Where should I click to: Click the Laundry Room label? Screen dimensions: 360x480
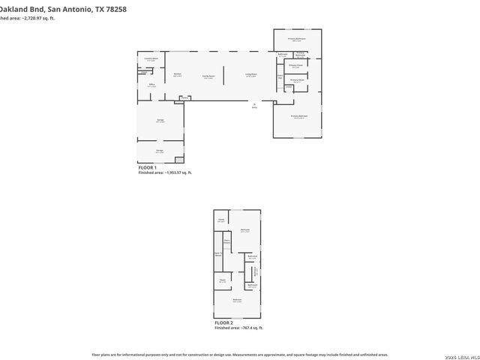151,59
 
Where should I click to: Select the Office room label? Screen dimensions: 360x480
151,85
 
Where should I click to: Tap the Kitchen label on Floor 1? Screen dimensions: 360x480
178,74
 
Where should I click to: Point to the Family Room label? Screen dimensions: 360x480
209,76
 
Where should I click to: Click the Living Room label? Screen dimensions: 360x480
250,75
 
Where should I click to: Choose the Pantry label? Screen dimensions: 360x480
184,97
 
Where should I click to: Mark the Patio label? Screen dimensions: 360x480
254,105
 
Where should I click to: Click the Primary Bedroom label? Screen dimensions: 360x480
298,117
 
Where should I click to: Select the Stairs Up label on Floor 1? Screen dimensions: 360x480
280,76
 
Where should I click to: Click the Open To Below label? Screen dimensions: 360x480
218,255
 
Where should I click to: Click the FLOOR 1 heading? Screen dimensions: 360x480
148,168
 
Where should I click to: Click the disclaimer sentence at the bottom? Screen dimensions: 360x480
239,353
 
